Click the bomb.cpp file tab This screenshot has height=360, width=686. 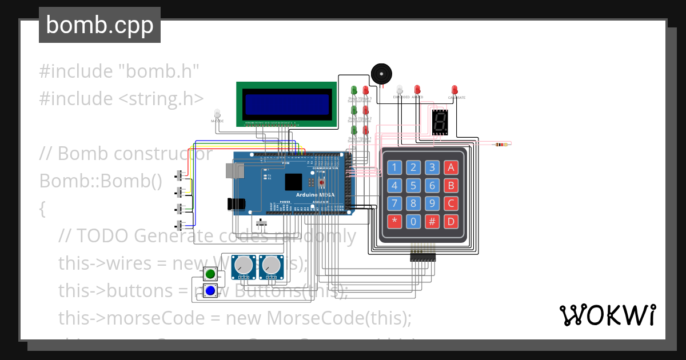coord(99,26)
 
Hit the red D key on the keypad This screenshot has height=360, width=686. coord(452,221)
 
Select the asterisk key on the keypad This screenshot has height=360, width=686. coord(394,221)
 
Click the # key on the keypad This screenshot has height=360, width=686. coord(433,221)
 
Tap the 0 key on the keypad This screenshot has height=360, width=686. coord(414,221)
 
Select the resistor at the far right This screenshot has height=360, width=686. coord(501,145)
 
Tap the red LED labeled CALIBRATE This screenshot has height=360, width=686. coord(454,90)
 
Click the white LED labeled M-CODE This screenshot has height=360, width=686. coord(217,113)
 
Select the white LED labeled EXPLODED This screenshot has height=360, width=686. coord(400,90)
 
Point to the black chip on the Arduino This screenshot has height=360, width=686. coord(293,182)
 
